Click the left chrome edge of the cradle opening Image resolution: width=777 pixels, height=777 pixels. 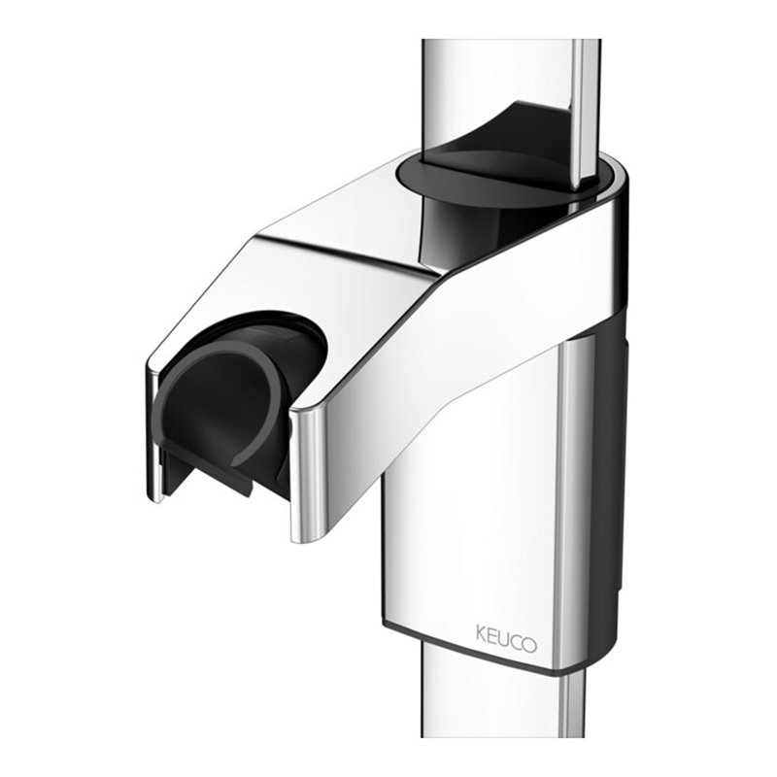point(153,427)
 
